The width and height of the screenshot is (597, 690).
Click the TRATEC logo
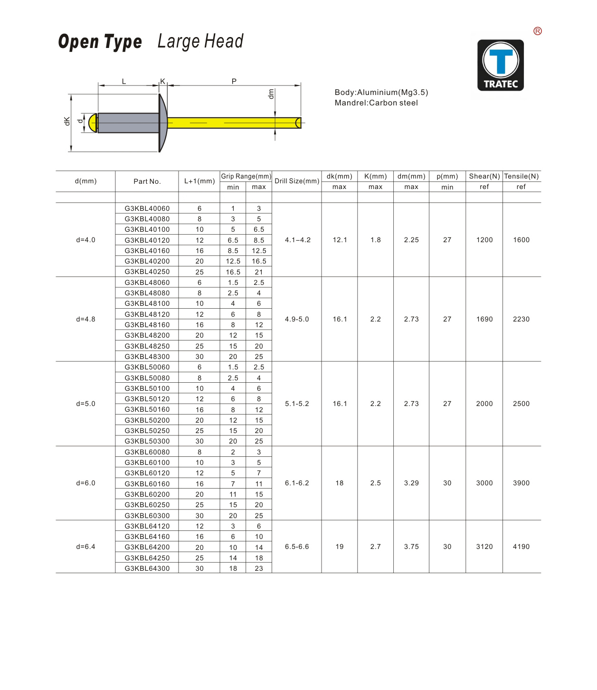500,65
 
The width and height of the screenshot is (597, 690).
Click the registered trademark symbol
538,31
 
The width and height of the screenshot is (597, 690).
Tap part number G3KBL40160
147,251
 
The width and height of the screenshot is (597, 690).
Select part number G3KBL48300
147,357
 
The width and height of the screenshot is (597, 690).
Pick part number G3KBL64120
147,526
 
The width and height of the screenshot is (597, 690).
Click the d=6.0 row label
85,483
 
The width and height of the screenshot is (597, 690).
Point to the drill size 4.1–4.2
297,240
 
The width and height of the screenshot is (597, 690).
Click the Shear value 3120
484,547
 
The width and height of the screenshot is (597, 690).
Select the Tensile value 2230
521,319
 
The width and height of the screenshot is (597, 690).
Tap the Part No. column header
147,181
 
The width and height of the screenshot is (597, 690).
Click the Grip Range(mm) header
246,176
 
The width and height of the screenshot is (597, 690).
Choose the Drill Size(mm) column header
297,181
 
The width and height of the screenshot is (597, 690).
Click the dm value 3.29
411,483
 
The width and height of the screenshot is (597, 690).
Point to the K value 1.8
376,240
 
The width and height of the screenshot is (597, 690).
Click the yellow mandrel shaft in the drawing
233,123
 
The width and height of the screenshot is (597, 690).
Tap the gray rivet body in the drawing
128,123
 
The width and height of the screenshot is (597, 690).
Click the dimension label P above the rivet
234,81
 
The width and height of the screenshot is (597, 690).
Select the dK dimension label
67,121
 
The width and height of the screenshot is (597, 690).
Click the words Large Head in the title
200,42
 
